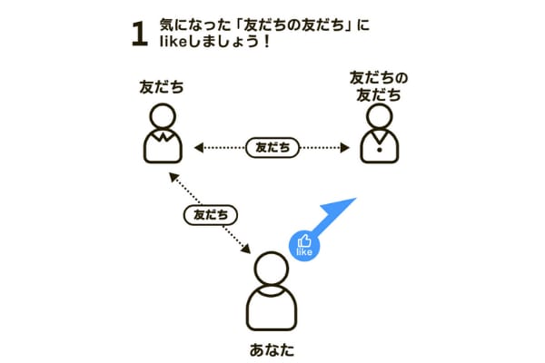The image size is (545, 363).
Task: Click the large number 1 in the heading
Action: pos(140,34)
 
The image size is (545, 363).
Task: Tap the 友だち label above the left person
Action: pos(162,87)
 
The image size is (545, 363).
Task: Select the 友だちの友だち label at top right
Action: pos(379,86)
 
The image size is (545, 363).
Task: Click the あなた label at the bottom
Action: pos(272,349)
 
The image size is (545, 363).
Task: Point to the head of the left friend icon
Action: pos(163,116)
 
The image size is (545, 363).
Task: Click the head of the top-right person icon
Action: pos(380,116)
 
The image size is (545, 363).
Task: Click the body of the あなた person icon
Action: pos(272,309)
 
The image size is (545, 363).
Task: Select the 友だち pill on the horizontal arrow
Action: pos(272,148)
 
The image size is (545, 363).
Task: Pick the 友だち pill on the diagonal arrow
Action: pos(211,215)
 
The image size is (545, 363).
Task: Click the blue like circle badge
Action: pos(304,246)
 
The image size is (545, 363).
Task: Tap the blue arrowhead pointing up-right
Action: pos(340,207)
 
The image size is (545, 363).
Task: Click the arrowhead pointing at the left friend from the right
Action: pos(199,148)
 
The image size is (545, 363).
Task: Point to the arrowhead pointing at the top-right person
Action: pos(345,148)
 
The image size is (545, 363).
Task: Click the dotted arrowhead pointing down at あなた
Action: pos(246,250)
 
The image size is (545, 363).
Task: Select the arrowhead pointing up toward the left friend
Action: pos(173,177)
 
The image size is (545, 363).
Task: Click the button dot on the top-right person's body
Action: pos(380,150)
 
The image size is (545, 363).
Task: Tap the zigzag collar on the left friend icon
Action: pos(163,136)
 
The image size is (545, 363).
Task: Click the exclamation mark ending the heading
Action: pos(266,42)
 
